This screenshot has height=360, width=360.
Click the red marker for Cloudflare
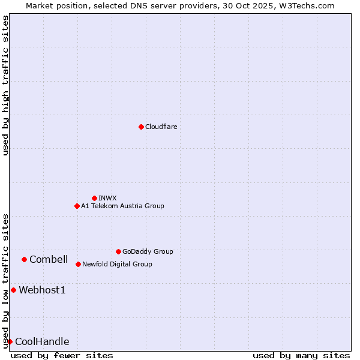(141, 127)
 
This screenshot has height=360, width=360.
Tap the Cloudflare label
(161, 127)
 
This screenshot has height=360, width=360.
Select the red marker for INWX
(94, 198)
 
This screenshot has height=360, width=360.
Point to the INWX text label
(107, 198)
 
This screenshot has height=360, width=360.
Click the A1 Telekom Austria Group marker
(77, 206)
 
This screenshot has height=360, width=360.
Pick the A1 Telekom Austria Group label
(122, 206)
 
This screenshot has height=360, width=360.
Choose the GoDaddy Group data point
(118, 251)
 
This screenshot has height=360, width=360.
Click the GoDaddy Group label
(148, 251)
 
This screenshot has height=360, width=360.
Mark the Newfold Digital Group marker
(78, 264)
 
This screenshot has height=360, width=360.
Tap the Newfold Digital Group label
(117, 264)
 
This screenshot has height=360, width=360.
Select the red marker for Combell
(24, 259)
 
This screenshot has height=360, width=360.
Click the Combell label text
(49, 259)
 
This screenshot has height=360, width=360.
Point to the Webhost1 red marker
(13, 290)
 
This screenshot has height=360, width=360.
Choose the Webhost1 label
(42, 290)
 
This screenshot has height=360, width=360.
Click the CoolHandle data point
(10, 341)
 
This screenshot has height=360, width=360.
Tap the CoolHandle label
(42, 342)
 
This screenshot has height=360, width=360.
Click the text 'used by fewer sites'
(62, 355)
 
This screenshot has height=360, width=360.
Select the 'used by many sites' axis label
(301, 355)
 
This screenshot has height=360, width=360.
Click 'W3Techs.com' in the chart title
(310, 5)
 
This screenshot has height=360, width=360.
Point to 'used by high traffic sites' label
(5, 85)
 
